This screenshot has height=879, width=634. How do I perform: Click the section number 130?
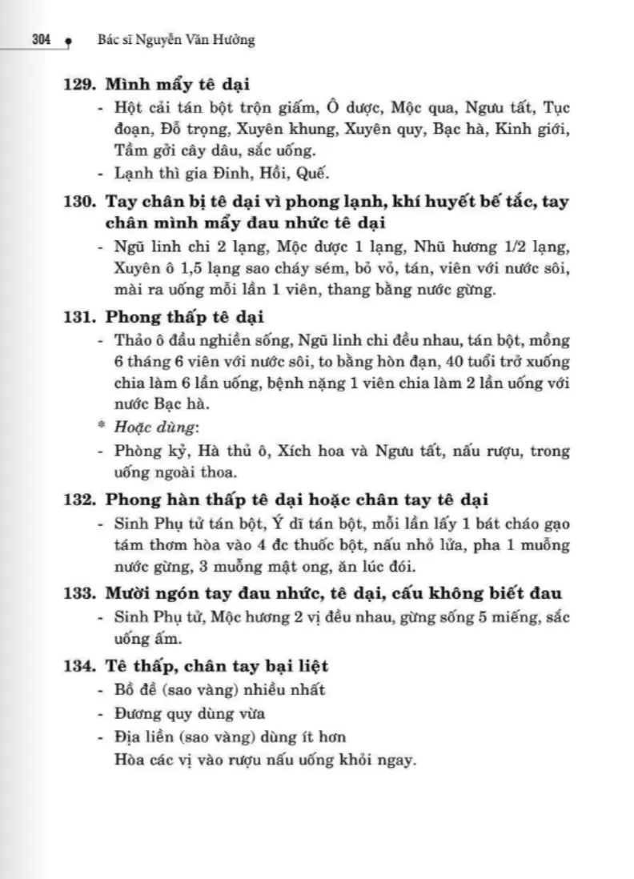80,202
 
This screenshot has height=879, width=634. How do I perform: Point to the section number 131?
80,316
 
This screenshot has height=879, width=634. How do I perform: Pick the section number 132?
80,500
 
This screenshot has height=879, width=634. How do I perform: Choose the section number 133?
80,593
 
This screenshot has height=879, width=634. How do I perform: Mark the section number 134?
80,665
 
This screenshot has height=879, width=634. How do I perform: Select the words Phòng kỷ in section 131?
144,451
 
